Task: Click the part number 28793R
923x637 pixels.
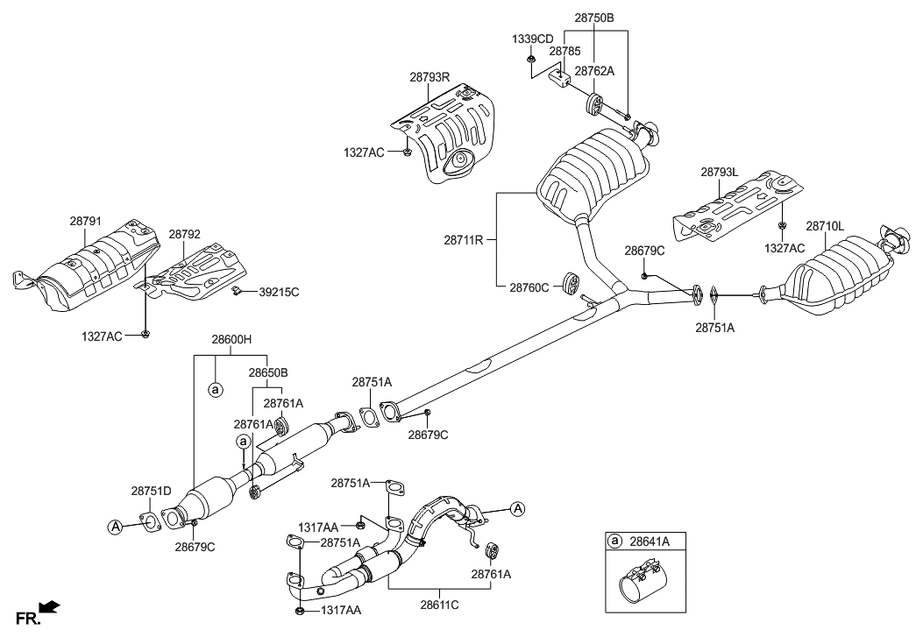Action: [x=428, y=77]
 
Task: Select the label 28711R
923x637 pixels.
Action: [x=465, y=238]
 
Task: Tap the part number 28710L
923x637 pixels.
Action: [x=825, y=226]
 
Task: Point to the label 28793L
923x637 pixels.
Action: [x=721, y=173]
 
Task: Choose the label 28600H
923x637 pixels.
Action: [x=231, y=339]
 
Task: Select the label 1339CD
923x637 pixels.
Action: [x=532, y=39]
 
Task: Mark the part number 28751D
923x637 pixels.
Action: [x=152, y=492]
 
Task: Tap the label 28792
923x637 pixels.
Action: [x=185, y=234]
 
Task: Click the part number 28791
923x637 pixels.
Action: [x=86, y=223]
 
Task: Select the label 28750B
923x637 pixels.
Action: [x=594, y=18]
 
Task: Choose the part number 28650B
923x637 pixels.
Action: [x=267, y=372]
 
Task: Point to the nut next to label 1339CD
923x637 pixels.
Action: [x=532, y=59]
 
